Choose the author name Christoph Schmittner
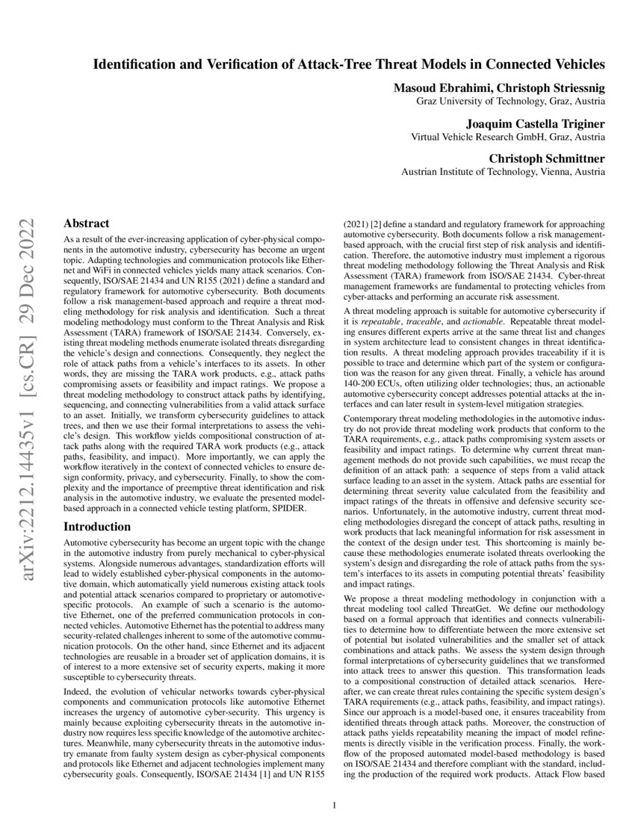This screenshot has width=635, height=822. [x=547, y=158]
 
